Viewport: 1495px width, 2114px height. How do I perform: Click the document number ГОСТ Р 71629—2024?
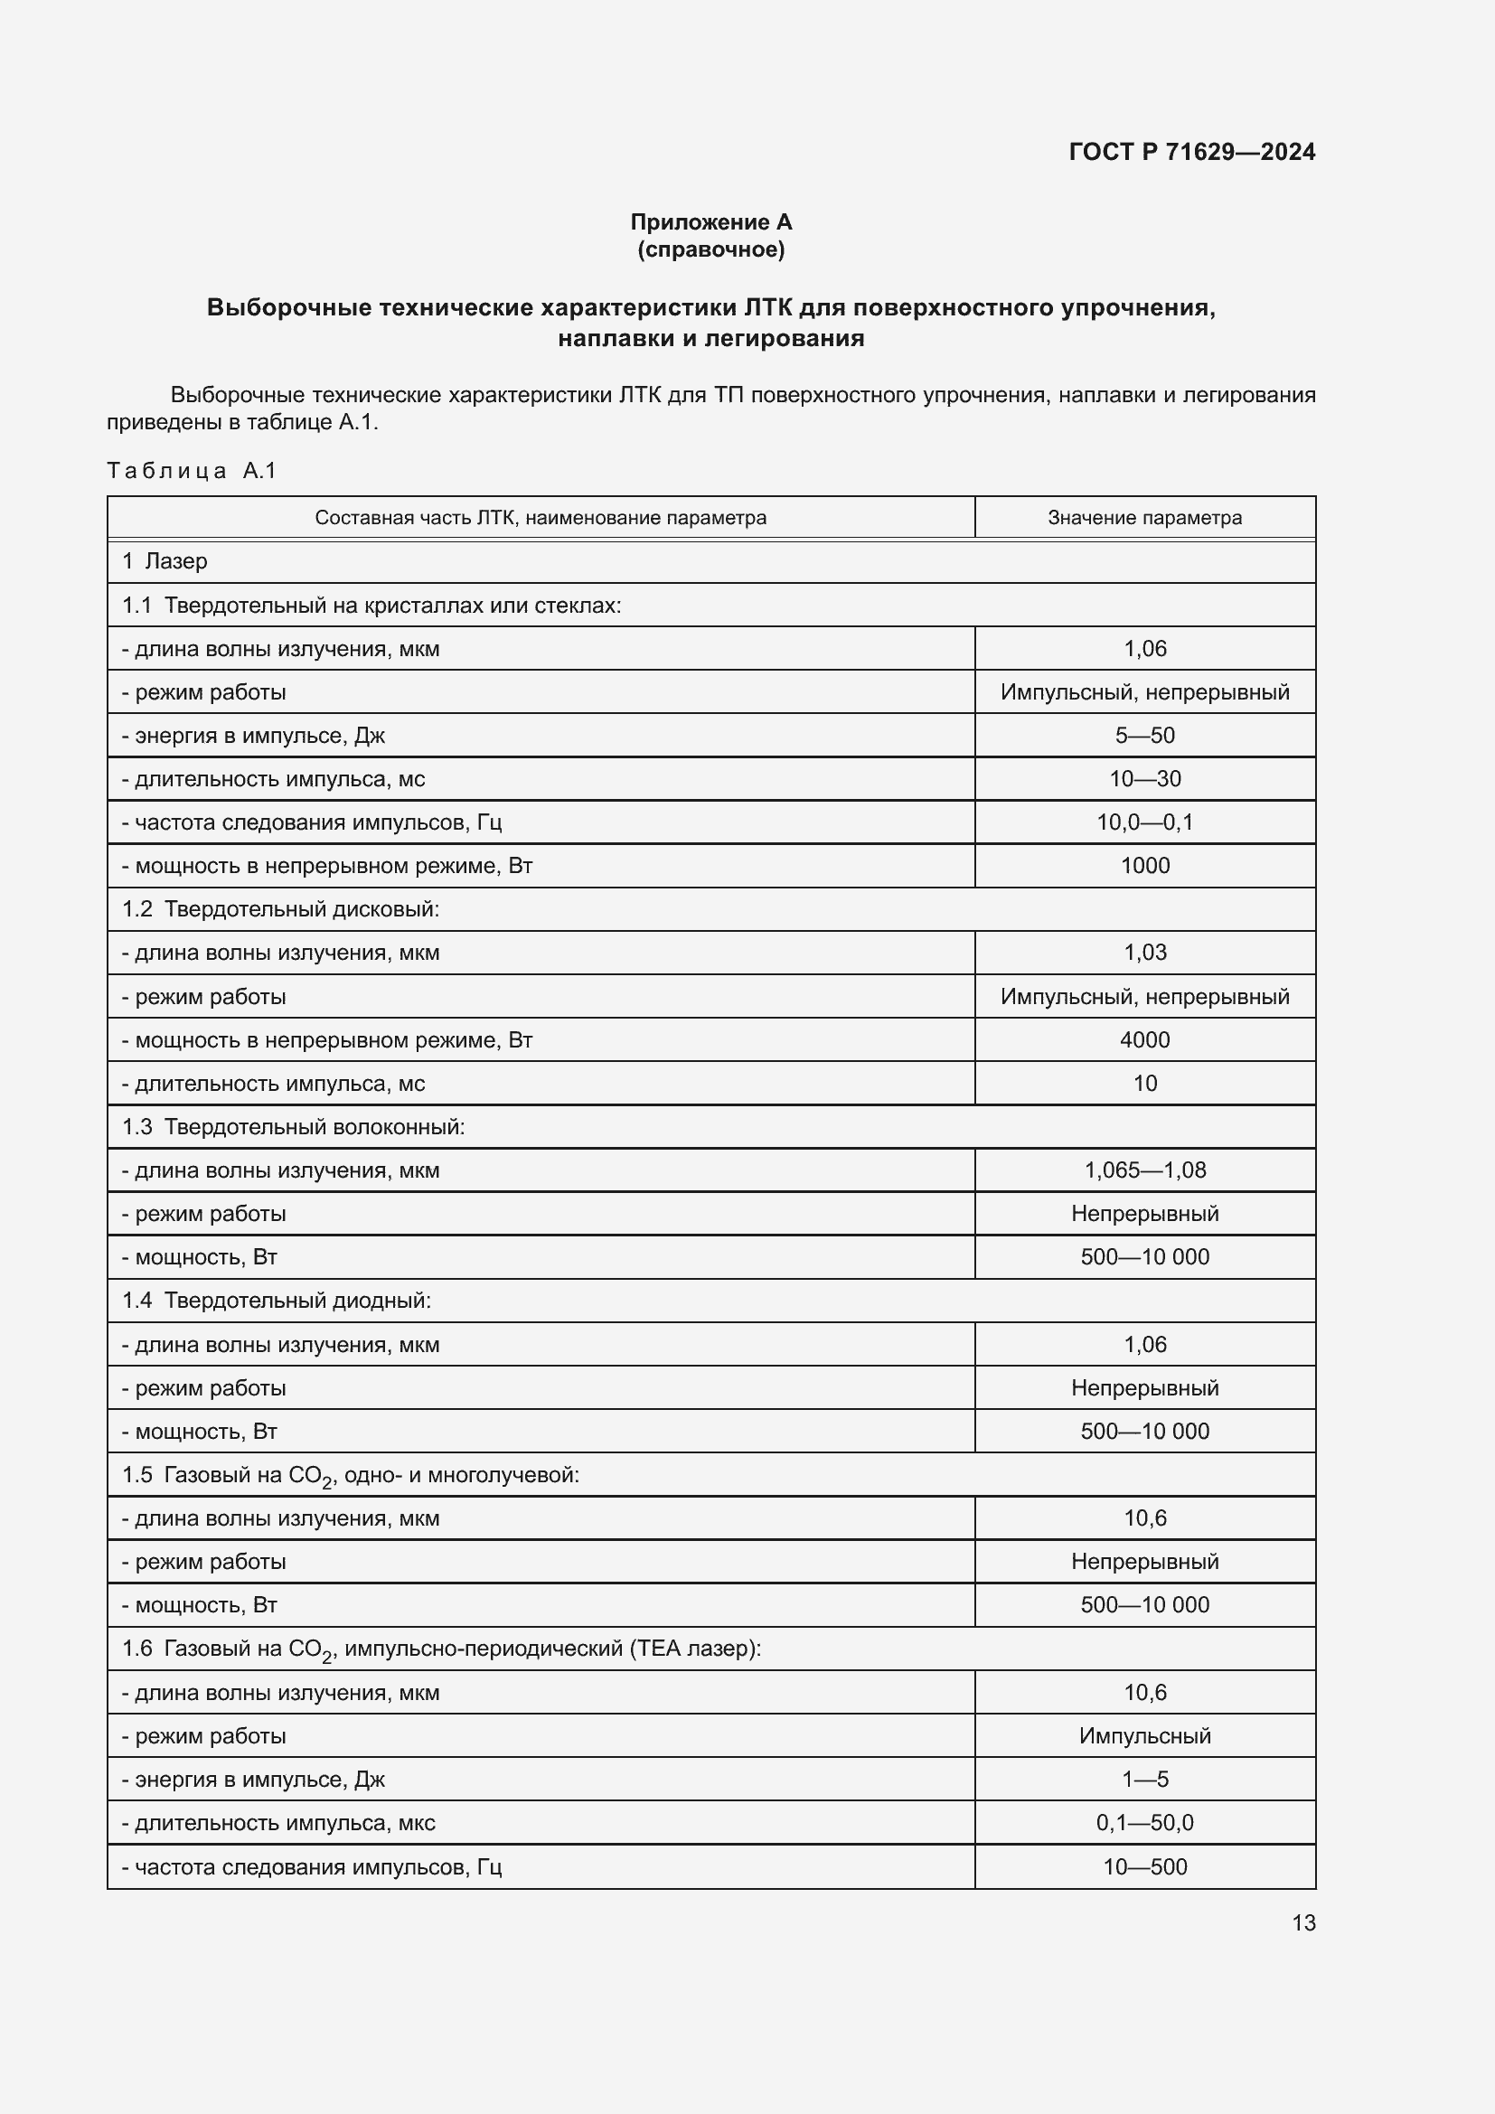[1191, 152]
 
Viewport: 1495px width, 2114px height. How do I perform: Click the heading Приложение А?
[710, 222]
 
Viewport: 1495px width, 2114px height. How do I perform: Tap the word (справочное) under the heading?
[710, 249]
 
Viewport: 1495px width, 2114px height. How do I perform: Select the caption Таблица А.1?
[192, 471]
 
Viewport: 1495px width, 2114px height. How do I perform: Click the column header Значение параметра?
[1144, 518]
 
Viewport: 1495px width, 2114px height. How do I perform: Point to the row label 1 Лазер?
[165, 560]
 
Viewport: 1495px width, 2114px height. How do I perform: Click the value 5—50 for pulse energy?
[1144, 735]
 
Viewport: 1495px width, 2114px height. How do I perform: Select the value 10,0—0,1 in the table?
[1144, 822]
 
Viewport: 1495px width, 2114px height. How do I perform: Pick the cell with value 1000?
[1144, 866]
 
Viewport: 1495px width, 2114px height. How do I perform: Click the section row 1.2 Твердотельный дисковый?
[281, 908]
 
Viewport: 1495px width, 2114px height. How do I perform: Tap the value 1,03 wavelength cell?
[1144, 952]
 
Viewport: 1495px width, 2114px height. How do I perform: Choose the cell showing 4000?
[1144, 1039]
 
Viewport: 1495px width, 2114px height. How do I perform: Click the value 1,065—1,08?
[1144, 1170]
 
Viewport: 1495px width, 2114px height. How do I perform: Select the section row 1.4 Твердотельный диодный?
[277, 1300]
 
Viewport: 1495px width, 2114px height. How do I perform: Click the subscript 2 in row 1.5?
[327, 1482]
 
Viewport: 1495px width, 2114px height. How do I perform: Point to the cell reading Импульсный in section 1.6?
[1144, 1735]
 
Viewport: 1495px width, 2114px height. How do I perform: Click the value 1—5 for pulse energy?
[1144, 1779]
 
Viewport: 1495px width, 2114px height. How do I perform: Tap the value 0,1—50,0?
[1144, 1822]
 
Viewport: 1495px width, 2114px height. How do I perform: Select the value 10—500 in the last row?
[1144, 1866]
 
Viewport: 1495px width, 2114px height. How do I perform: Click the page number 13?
[1303, 1922]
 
